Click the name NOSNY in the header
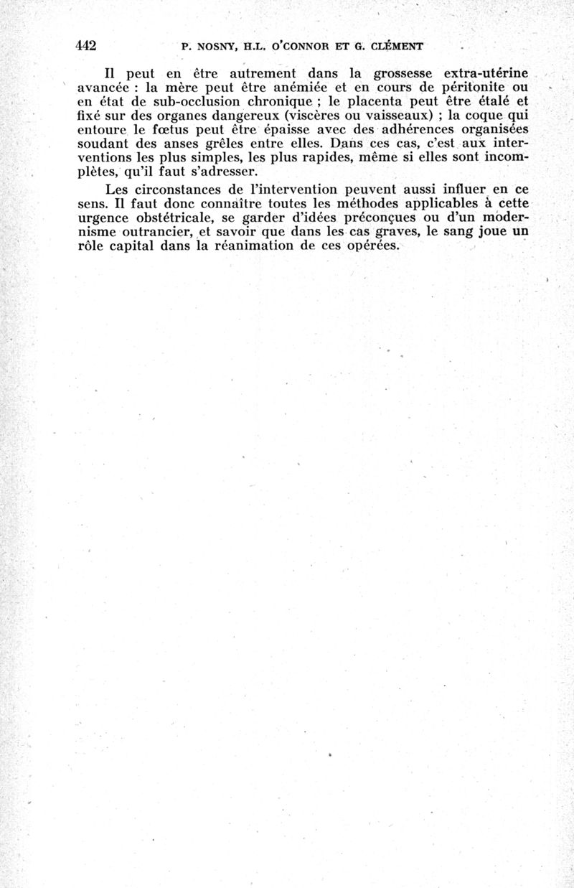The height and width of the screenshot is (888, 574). [x=215, y=47]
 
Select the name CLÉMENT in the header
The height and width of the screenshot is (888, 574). [x=393, y=47]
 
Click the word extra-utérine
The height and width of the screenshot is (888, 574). [x=486, y=73]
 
